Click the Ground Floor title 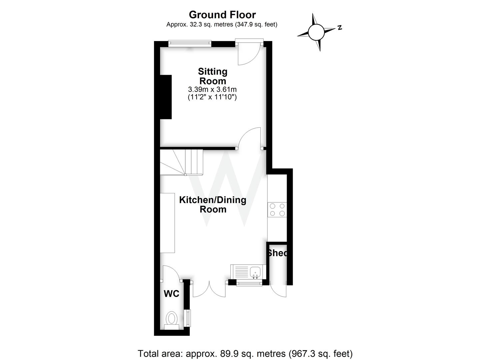click(x=222, y=15)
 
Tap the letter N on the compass click(x=339, y=28)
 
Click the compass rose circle click(x=316, y=32)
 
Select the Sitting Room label click(x=213, y=76)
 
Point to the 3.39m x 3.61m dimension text click(x=212, y=89)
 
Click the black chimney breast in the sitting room click(x=166, y=97)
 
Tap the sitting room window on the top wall click(x=189, y=43)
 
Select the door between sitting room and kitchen click(x=250, y=138)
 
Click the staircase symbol click(x=181, y=162)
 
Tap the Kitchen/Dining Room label click(x=213, y=204)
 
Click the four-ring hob click(x=277, y=210)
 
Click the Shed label click(x=277, y=253)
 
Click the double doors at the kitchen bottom click(x=209, y=289)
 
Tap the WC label click(x=171, y=294)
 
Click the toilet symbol click(x=172, y=320)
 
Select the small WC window click(x=188, y=318)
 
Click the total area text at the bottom click(x=245, y=353)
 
